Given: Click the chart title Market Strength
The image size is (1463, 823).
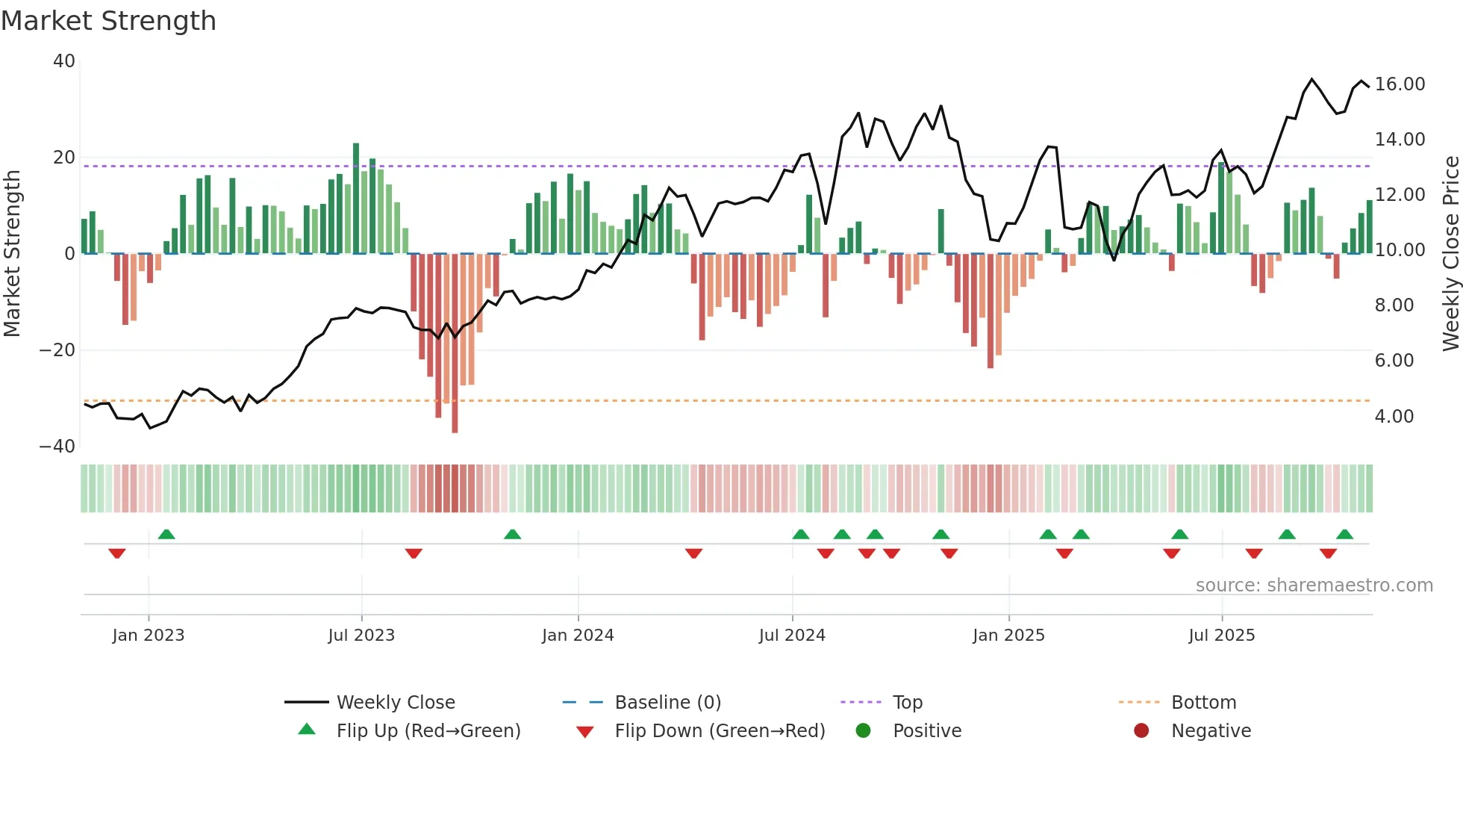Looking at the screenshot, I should [108, 21].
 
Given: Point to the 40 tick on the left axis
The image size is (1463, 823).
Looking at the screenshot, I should [64, 61].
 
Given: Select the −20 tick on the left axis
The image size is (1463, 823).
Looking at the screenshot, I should [57, 350].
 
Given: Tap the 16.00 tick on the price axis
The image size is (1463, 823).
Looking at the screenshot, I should [1400, 84].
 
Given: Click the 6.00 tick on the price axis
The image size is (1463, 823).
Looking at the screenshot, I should [1394, 361].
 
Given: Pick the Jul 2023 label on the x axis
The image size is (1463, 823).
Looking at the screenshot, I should [361, 636].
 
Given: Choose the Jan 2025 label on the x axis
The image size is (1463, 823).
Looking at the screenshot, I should [1008, 636].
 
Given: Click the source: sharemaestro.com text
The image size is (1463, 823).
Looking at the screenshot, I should [1314, 586].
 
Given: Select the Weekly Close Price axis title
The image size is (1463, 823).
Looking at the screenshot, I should [1450, 254].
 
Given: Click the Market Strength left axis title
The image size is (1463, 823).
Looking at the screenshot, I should [12, 254].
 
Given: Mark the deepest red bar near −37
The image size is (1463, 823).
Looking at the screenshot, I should [455, 344].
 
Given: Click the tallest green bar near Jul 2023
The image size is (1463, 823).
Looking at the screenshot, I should [356, 198].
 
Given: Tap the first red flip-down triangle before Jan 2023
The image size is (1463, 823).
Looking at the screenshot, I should [117, 553].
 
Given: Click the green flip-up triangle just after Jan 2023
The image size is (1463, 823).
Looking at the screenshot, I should [166, 534].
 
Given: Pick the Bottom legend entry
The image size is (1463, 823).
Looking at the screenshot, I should [1202, 703].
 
